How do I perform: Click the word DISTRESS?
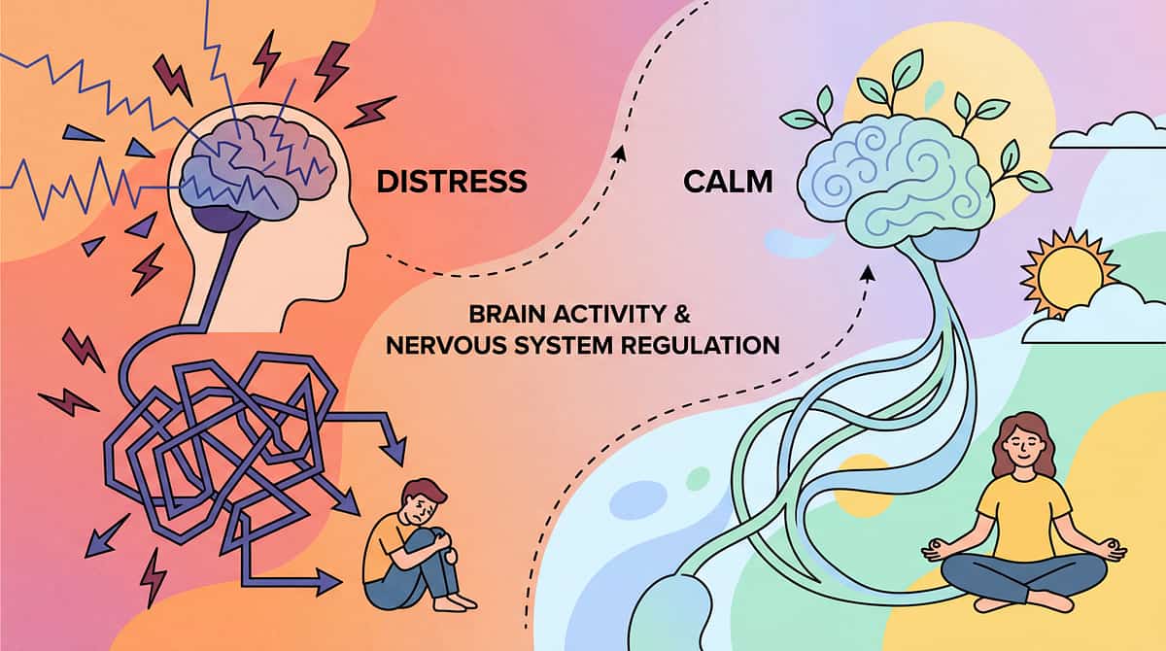click(451, 181)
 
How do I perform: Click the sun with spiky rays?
click(1066, 273)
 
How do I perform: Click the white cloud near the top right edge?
click(1108, 132)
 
